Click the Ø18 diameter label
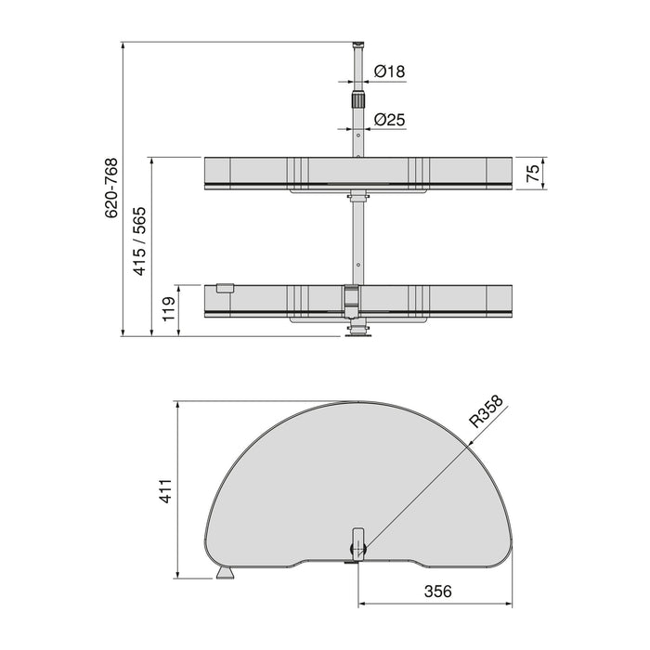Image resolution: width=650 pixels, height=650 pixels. click(390, 71)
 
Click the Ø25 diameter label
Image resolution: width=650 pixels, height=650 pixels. click(390, 120)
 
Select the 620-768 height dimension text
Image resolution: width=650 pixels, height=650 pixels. click(110, 188)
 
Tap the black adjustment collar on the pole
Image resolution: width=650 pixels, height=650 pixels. click(356, 99)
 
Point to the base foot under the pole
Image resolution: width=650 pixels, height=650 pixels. click(356, 335)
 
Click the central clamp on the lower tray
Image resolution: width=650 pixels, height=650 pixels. click(351, 297)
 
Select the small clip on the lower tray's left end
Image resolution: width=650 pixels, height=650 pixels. click(222, 289)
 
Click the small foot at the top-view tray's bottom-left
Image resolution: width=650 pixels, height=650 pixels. click(224, 574)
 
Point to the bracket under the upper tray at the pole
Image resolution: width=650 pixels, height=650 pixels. click(356, 196)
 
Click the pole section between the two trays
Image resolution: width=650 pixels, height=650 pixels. click(356, 241)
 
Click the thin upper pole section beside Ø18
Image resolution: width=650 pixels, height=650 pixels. click(356, 71)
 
